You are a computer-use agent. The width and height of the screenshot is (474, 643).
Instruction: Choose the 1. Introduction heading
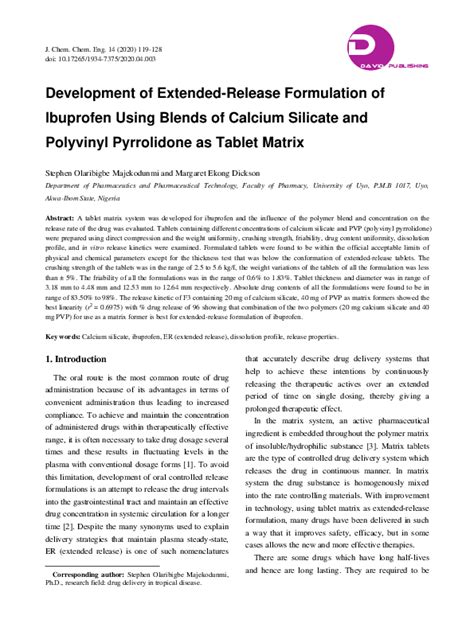[82, 357]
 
